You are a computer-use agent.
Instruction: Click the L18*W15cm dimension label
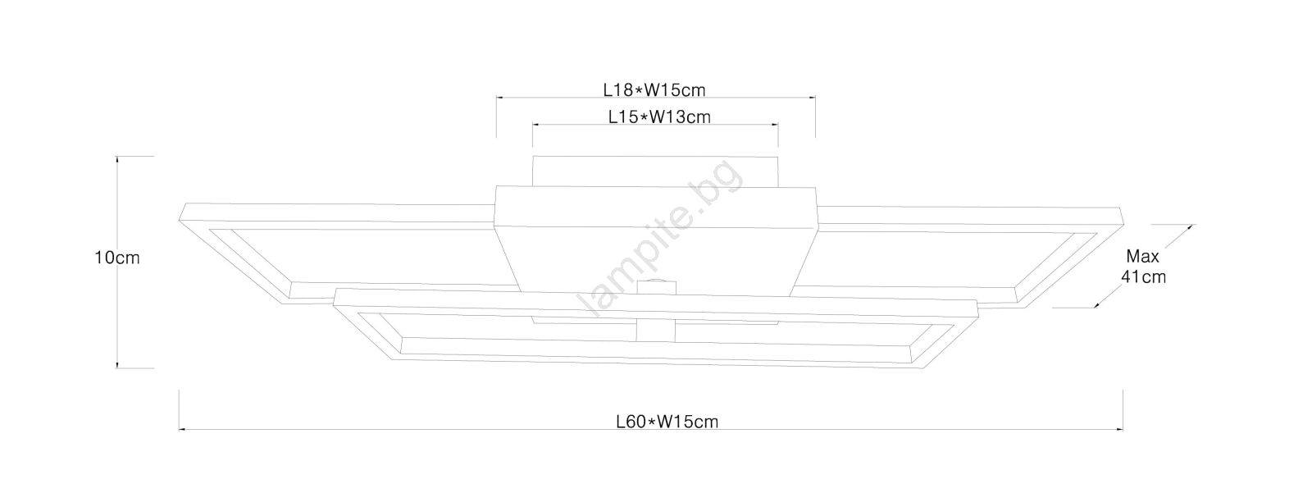click(x=654, y=90)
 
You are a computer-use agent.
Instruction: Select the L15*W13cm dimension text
click(x=659, y=117)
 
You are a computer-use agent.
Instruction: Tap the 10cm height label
click(x=117, y=258)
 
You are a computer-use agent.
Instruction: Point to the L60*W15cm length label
click(x=667, y=422)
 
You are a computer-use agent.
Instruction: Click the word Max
click(x=1143, y=257)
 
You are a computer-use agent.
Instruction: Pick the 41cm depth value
click(x=1143, y=276)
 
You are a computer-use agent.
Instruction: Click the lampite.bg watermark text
click(x=660, y=237)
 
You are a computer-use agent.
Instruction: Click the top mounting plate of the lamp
click(x=655, y=171)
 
